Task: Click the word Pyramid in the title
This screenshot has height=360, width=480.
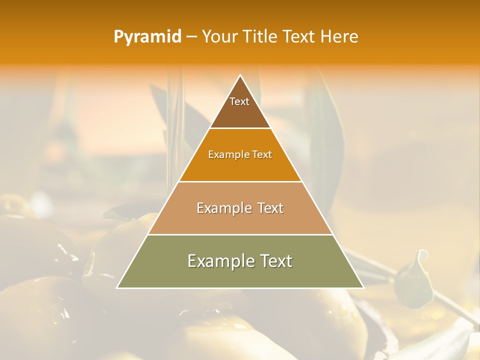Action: tap(147, 37)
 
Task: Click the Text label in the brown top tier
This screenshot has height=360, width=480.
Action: tap(239, 101)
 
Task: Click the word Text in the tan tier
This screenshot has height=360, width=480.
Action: tap(270, 208)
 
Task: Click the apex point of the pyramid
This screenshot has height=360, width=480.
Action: tap(240, 75)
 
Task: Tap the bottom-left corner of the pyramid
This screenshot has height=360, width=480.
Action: tap(117, 288)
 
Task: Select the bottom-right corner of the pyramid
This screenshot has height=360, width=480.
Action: tap(363, 288)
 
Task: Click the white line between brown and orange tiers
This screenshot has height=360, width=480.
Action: tap(240, 128)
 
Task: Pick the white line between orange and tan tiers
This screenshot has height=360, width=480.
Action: tap(240, 181)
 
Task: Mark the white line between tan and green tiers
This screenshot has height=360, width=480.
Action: tap(240, 234)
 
